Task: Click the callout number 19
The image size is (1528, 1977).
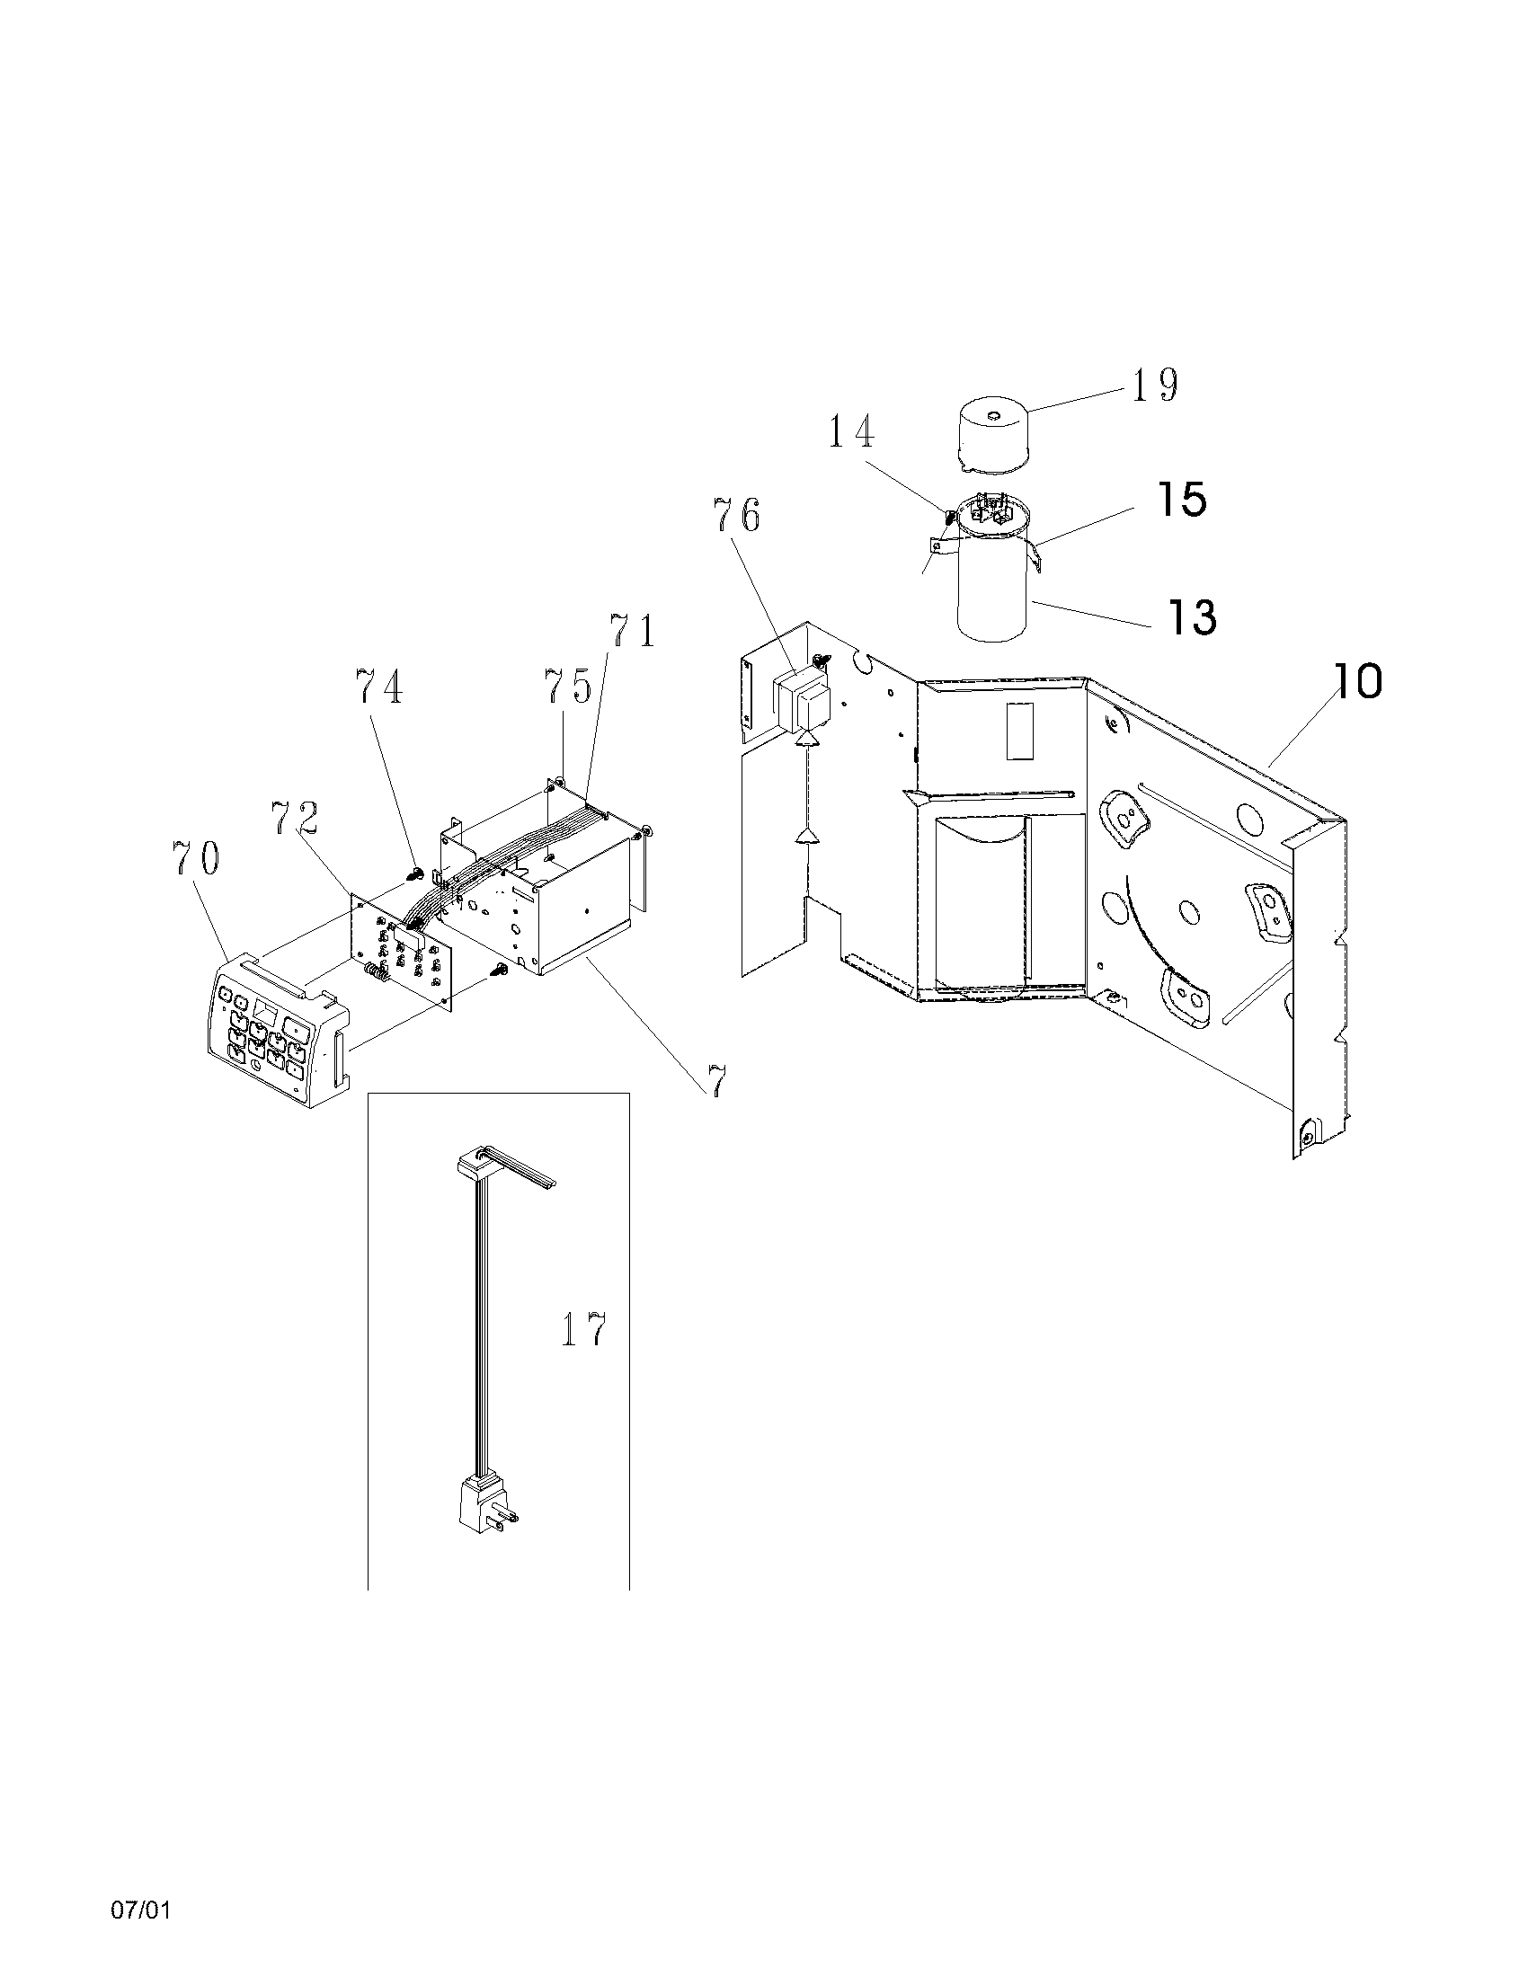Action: (1153, 385)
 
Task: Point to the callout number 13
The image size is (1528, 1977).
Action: (1191, 617)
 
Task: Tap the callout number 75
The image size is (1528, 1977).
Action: (566, 687)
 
